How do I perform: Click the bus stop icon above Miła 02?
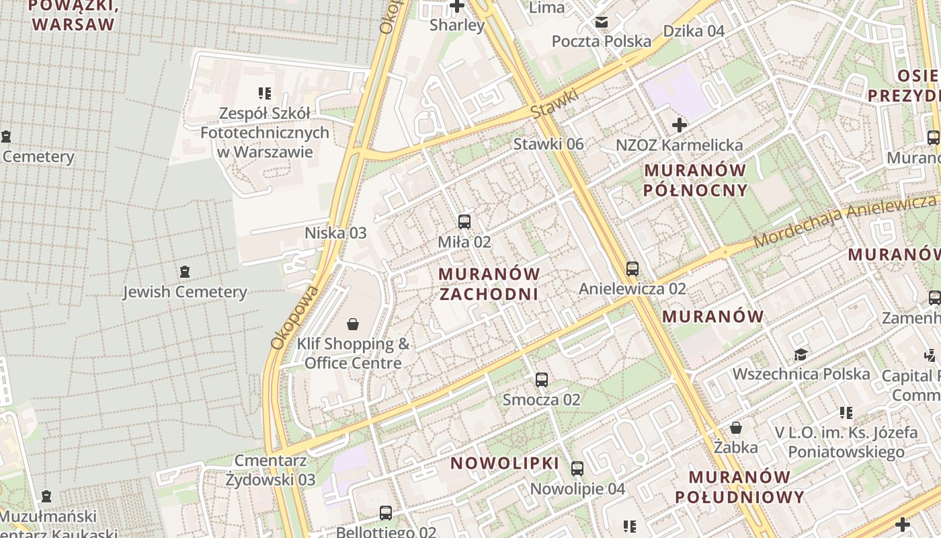coord(464,221)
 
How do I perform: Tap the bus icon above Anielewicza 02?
coord(632,269)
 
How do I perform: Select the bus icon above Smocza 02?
coord(542,380)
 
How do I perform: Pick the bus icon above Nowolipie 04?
coord(577,469)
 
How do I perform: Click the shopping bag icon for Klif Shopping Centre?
coord(353,325)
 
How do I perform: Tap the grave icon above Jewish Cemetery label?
coord(185,272)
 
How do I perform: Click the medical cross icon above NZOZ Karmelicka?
coord(680,125)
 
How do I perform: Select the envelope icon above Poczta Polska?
coord(601,22)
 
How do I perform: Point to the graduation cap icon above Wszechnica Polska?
coord(801,354)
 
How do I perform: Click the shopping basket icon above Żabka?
coord(736,428)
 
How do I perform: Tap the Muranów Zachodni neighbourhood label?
coord(489,284)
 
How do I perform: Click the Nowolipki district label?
coord(505,463)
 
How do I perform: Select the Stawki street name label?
coord(555,104)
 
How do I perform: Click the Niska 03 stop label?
coord(335,233)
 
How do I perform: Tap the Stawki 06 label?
coord(548,144)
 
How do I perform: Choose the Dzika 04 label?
coord(694,31)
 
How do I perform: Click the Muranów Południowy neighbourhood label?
coord(739,487)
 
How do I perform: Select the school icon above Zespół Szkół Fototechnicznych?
coord(265,93)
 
